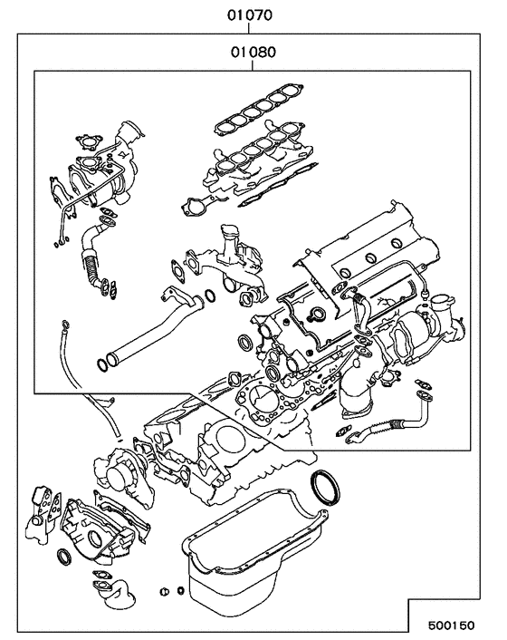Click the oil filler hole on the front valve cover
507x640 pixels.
point(317,315)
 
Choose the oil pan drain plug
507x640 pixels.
point(165,592)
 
